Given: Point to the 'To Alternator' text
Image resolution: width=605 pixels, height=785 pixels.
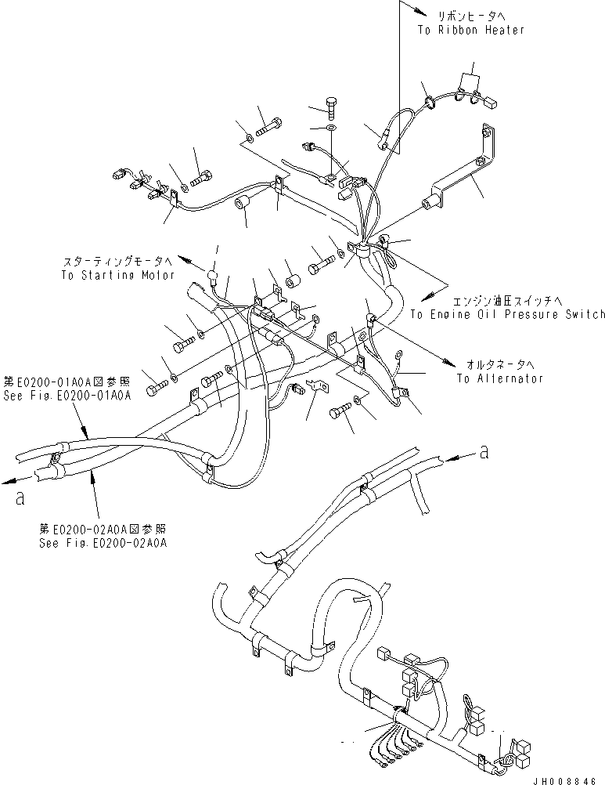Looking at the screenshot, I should click(500, 378).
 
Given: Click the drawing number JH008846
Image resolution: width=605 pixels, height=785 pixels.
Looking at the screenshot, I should click(568, 777).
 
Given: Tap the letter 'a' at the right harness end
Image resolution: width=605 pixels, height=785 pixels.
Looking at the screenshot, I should click(485, 451).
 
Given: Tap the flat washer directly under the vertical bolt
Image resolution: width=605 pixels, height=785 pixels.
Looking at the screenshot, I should click(332, 127).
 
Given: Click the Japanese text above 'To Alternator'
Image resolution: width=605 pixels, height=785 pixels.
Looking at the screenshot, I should click(502, 365).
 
